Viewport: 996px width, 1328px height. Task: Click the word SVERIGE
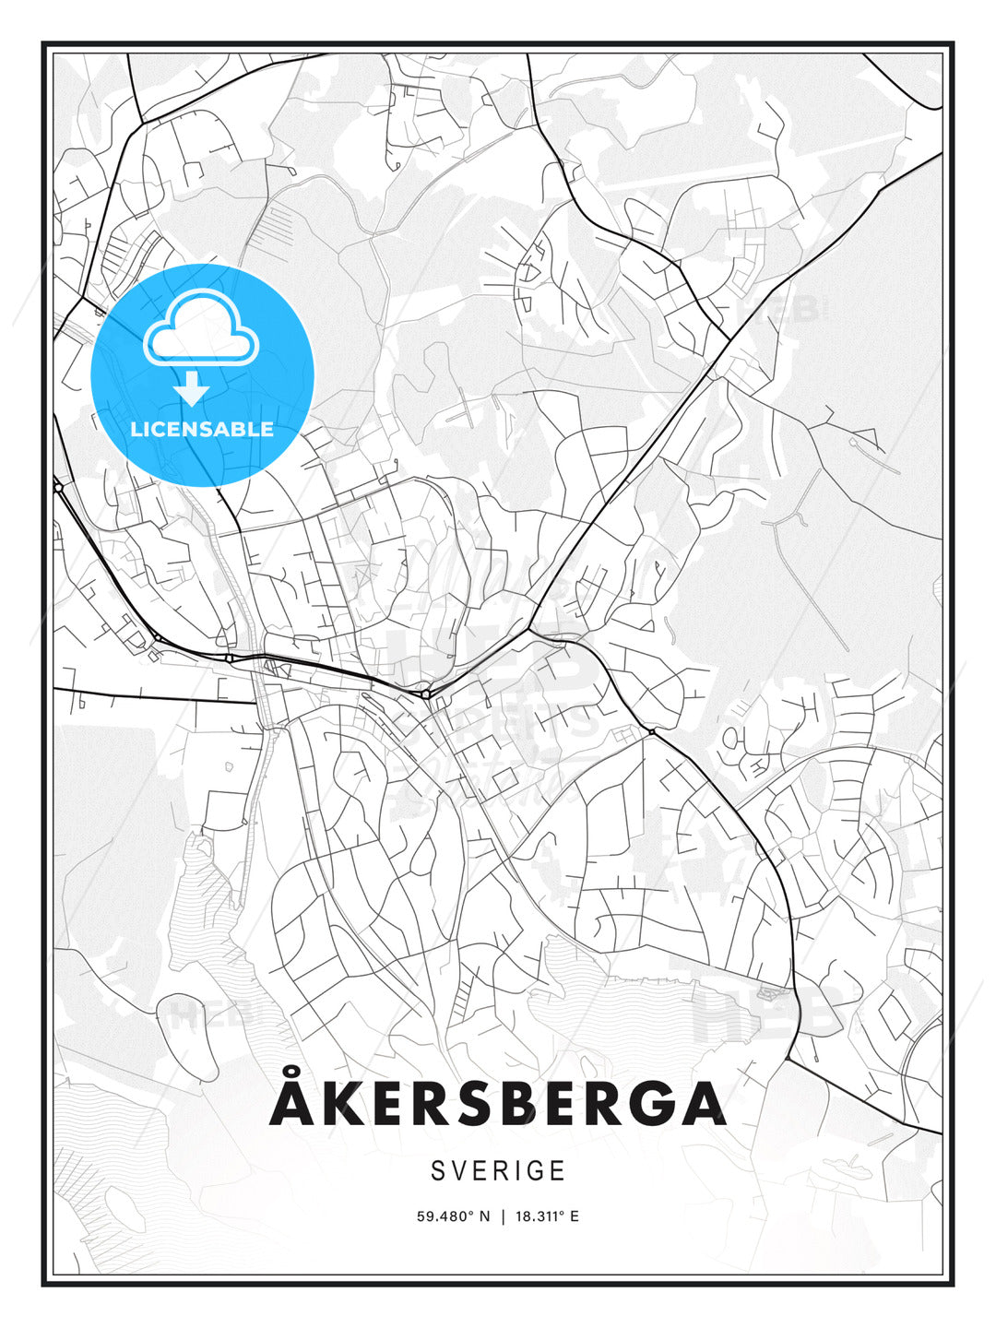click(498, 1170)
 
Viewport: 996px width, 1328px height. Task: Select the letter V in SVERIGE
click(457, 1170)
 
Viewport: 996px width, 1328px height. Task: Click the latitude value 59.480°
click(446, 1216)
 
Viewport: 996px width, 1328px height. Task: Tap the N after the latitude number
click(486, 1216)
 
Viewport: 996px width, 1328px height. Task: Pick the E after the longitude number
click(575, 1216)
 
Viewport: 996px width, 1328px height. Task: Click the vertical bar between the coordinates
click(503, 1216)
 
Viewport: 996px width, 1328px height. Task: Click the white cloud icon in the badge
click(202, 330)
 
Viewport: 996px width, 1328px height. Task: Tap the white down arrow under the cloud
click(192, 389)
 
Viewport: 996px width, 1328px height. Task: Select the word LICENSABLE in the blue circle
click(202, 429)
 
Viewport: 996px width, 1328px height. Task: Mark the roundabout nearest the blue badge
click(58, 487)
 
